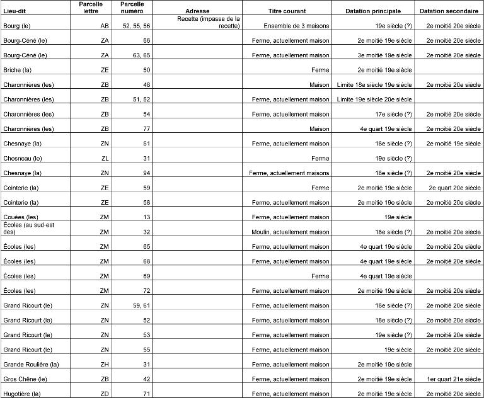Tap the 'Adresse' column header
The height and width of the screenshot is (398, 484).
point(198,11)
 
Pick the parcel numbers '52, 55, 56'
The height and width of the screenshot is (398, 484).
point(136,25)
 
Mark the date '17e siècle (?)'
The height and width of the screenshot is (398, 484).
point(391,114)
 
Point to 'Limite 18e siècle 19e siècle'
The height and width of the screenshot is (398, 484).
point(374,84)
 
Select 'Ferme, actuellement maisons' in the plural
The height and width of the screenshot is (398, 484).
point(289,173)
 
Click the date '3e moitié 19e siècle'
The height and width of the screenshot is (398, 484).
point(384,55)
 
